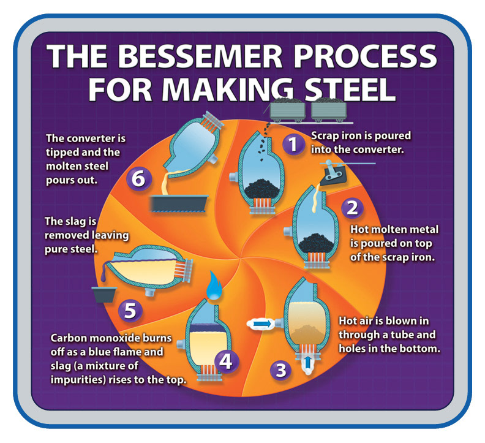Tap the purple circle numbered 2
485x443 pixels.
[x=352, y=207]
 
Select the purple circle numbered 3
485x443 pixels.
[x=280, y=369]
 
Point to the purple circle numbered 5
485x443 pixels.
[x=129, y=310]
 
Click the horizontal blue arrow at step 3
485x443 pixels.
[x=261, y=322]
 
